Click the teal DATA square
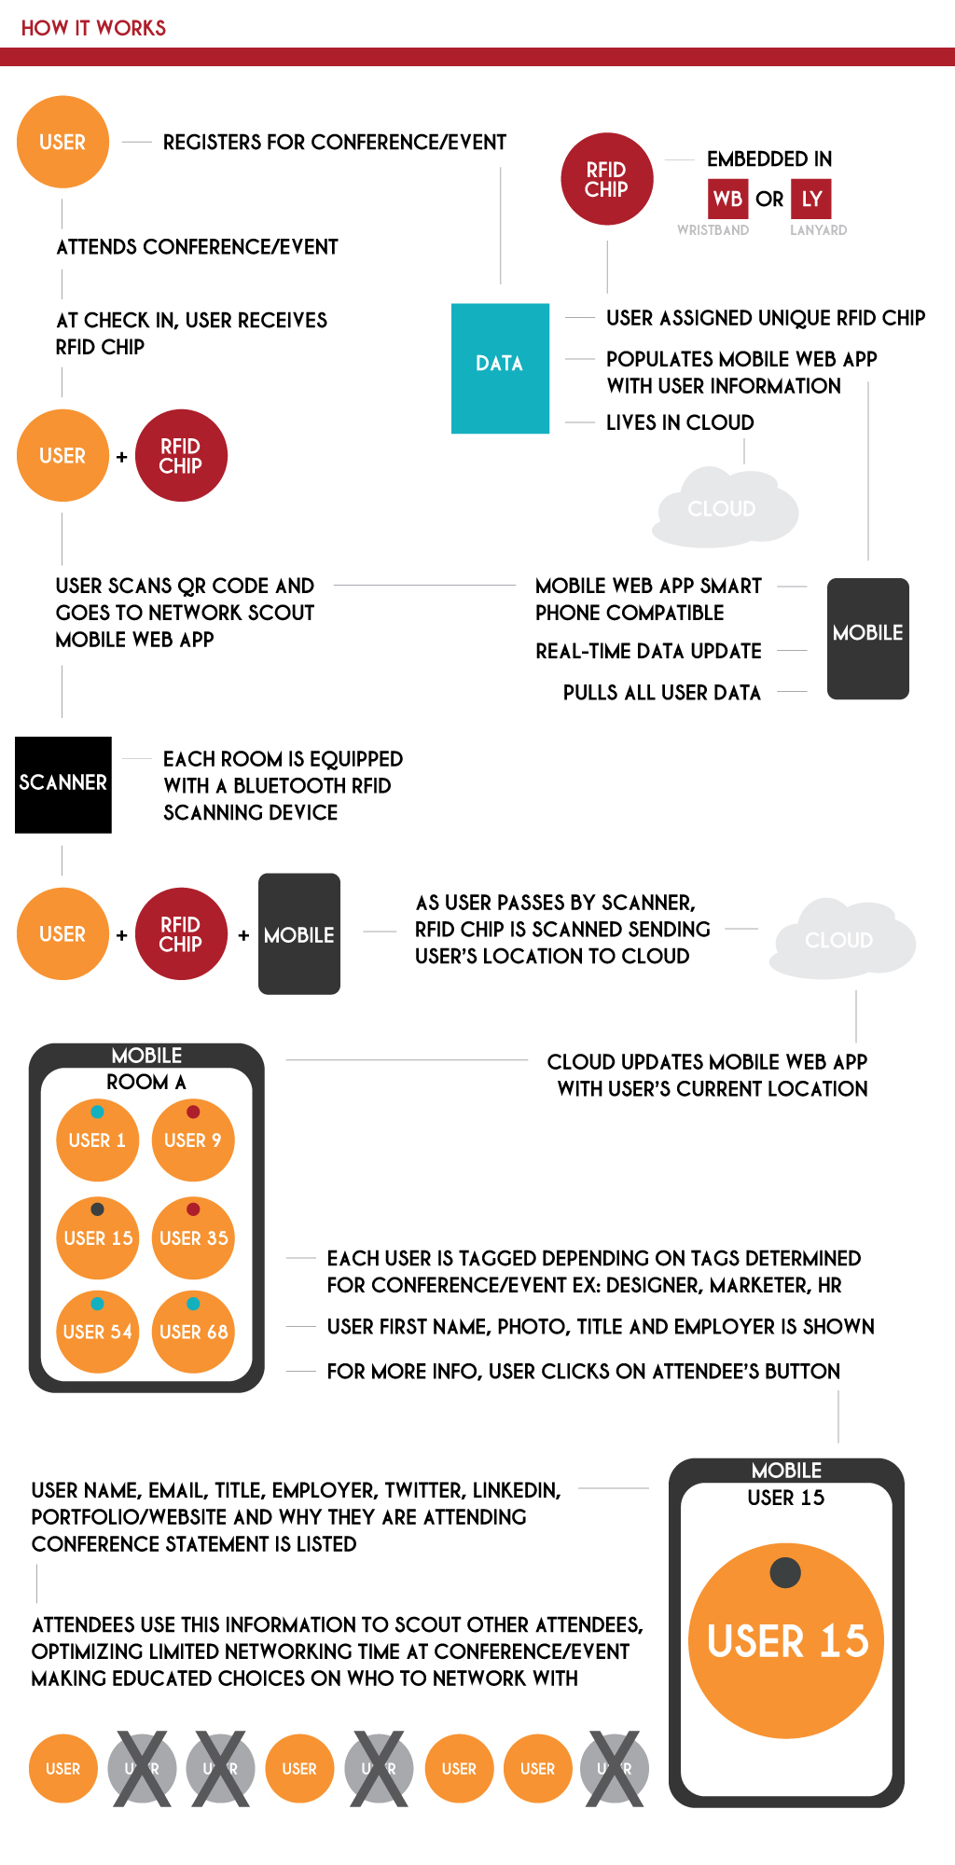pyautogui.click(x=500, y=368)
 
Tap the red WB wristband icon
pyautogui.click(x=727, y=199)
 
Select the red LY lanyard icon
pyautogui.click(x=811, y=199)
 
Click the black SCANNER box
pyautogui.click(x=63, y=784)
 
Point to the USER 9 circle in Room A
pyautogui.click(x=193, y=1140)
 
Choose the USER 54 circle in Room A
pyautogui.click(x=98, y=1332)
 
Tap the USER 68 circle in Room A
pyautogui.click(x=193, y=1332)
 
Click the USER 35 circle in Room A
pyautogui.click(x=193, y=1237)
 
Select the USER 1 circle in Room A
pyautogui.click(x=97, y=1140)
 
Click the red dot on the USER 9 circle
pyautogui.click(x=193, y=1112)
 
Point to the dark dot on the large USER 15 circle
pyautogui.click(x=785, y=1572)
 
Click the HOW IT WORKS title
pyautogui.click(x=93, y=28)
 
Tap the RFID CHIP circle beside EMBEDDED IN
pyautogui.click(x=606, y=179)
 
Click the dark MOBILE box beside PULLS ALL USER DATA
pyautogui.click(x=867, y=639)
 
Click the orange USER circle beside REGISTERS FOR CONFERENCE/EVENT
pyautogui.click(x=62, y=142)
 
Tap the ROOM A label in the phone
pyautogui.click(x=145, y=1082)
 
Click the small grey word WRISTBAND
pyautogui.click(x=713, y=230)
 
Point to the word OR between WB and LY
pyautogui.click(x=769, y=199)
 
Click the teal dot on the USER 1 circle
pyautogui.click(x=97, y=1112)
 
